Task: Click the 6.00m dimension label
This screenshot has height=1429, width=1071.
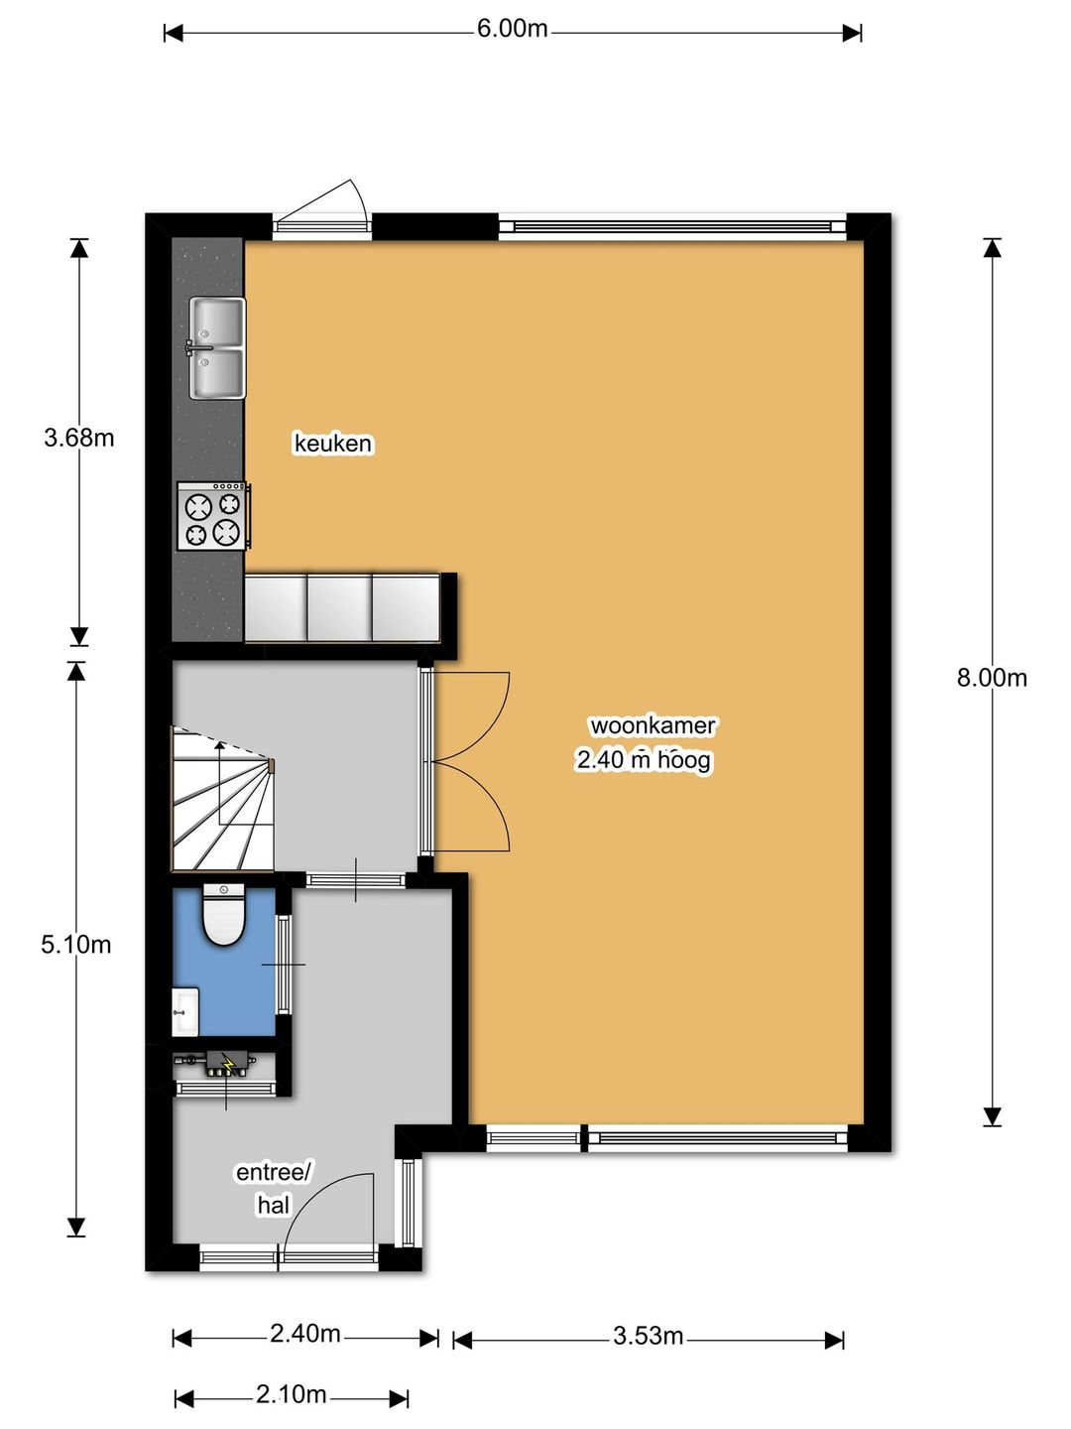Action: [x=512, y=30]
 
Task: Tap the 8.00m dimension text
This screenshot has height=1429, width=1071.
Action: [x=992, y=679]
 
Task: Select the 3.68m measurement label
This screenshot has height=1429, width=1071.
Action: [x=79, y=438]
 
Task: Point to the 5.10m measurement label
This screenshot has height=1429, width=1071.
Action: [x=76, y=945]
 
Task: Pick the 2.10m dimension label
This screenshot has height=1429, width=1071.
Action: [x=291, y=1376]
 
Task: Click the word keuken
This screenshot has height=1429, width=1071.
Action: [x=333, y=444]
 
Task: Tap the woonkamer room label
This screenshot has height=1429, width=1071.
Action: [x=653, y=725]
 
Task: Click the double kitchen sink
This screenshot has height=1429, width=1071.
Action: [x=217, y=347]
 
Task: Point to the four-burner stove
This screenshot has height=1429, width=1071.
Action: [x=213, y=516]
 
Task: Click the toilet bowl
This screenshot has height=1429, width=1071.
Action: [x=223, y=915]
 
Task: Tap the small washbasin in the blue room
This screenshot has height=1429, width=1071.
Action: [x=185, y=1011]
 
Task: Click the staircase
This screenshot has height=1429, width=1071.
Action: [x=222, y=798]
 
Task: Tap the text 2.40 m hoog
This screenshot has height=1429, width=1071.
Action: [x=644, y=760]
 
